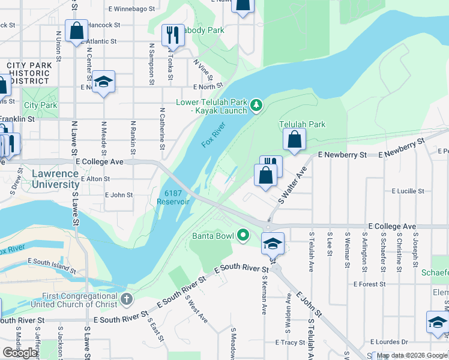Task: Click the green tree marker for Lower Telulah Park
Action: (x=257, y=106)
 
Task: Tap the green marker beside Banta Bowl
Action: (x=243, y=235)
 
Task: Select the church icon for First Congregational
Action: (x=126, y=299)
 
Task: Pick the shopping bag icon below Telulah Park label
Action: (x=294, y=141)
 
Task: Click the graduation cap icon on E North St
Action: (x=103, y=82)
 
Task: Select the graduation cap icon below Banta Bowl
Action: (x=273, y=243)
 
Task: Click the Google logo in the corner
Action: (x=20, y=353)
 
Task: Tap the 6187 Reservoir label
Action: (x=173, y=197)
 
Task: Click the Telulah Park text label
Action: (x=302, y=124)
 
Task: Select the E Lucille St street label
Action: (x=408, y=191)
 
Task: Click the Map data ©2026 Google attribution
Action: (x=412, y=355)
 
